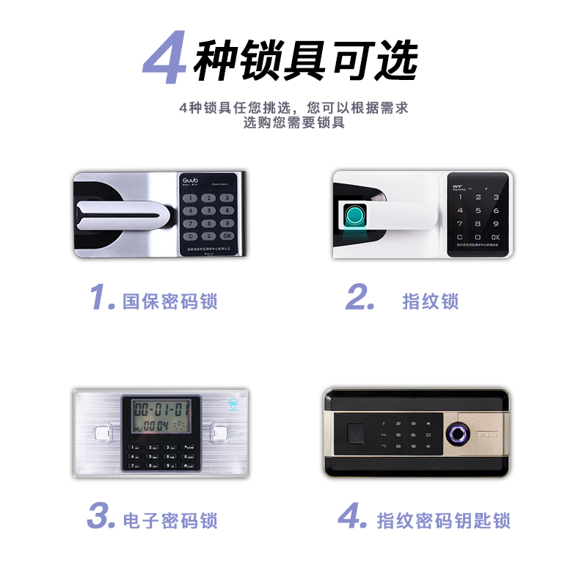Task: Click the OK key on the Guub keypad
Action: pos(227,236)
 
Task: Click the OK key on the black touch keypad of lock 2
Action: pos(495,237)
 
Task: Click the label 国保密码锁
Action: pos(170,301)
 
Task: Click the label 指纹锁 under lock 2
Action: pos(431,301)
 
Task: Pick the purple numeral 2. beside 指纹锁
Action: pos(360,298)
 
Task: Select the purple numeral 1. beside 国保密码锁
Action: pos(101,298)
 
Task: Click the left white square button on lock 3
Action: pos(103,434)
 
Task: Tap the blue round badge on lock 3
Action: pos(233,404)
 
